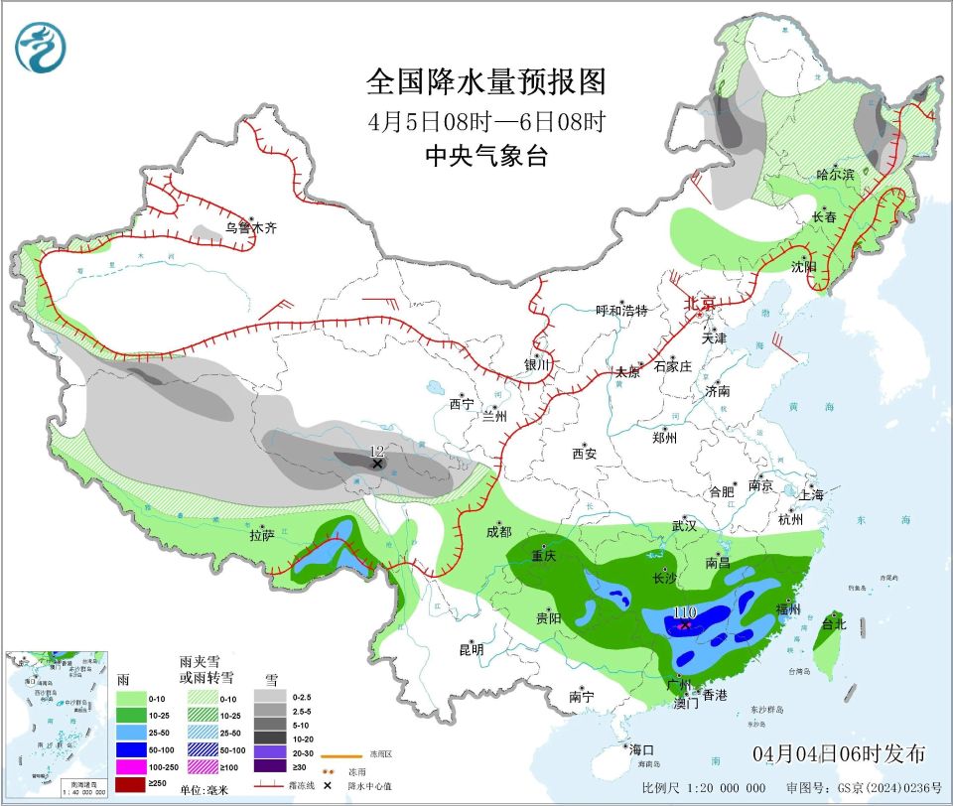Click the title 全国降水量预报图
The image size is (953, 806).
[x=485, y=79]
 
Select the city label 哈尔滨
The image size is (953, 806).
[x=835, y=174]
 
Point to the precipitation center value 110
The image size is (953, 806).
[x=684, y=613]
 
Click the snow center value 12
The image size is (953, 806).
[x=376, y=452]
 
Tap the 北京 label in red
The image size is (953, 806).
[x=699, y=303]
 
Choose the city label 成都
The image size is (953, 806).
[x=498, y=531]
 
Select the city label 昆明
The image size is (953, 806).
[x=471, y=650]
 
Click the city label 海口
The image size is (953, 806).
[x=640, y=748]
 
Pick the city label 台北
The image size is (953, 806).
[x=833, y=624]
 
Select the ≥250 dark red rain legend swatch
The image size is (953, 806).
[x=132, y=785]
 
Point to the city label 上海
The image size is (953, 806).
[x=811, y=494]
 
